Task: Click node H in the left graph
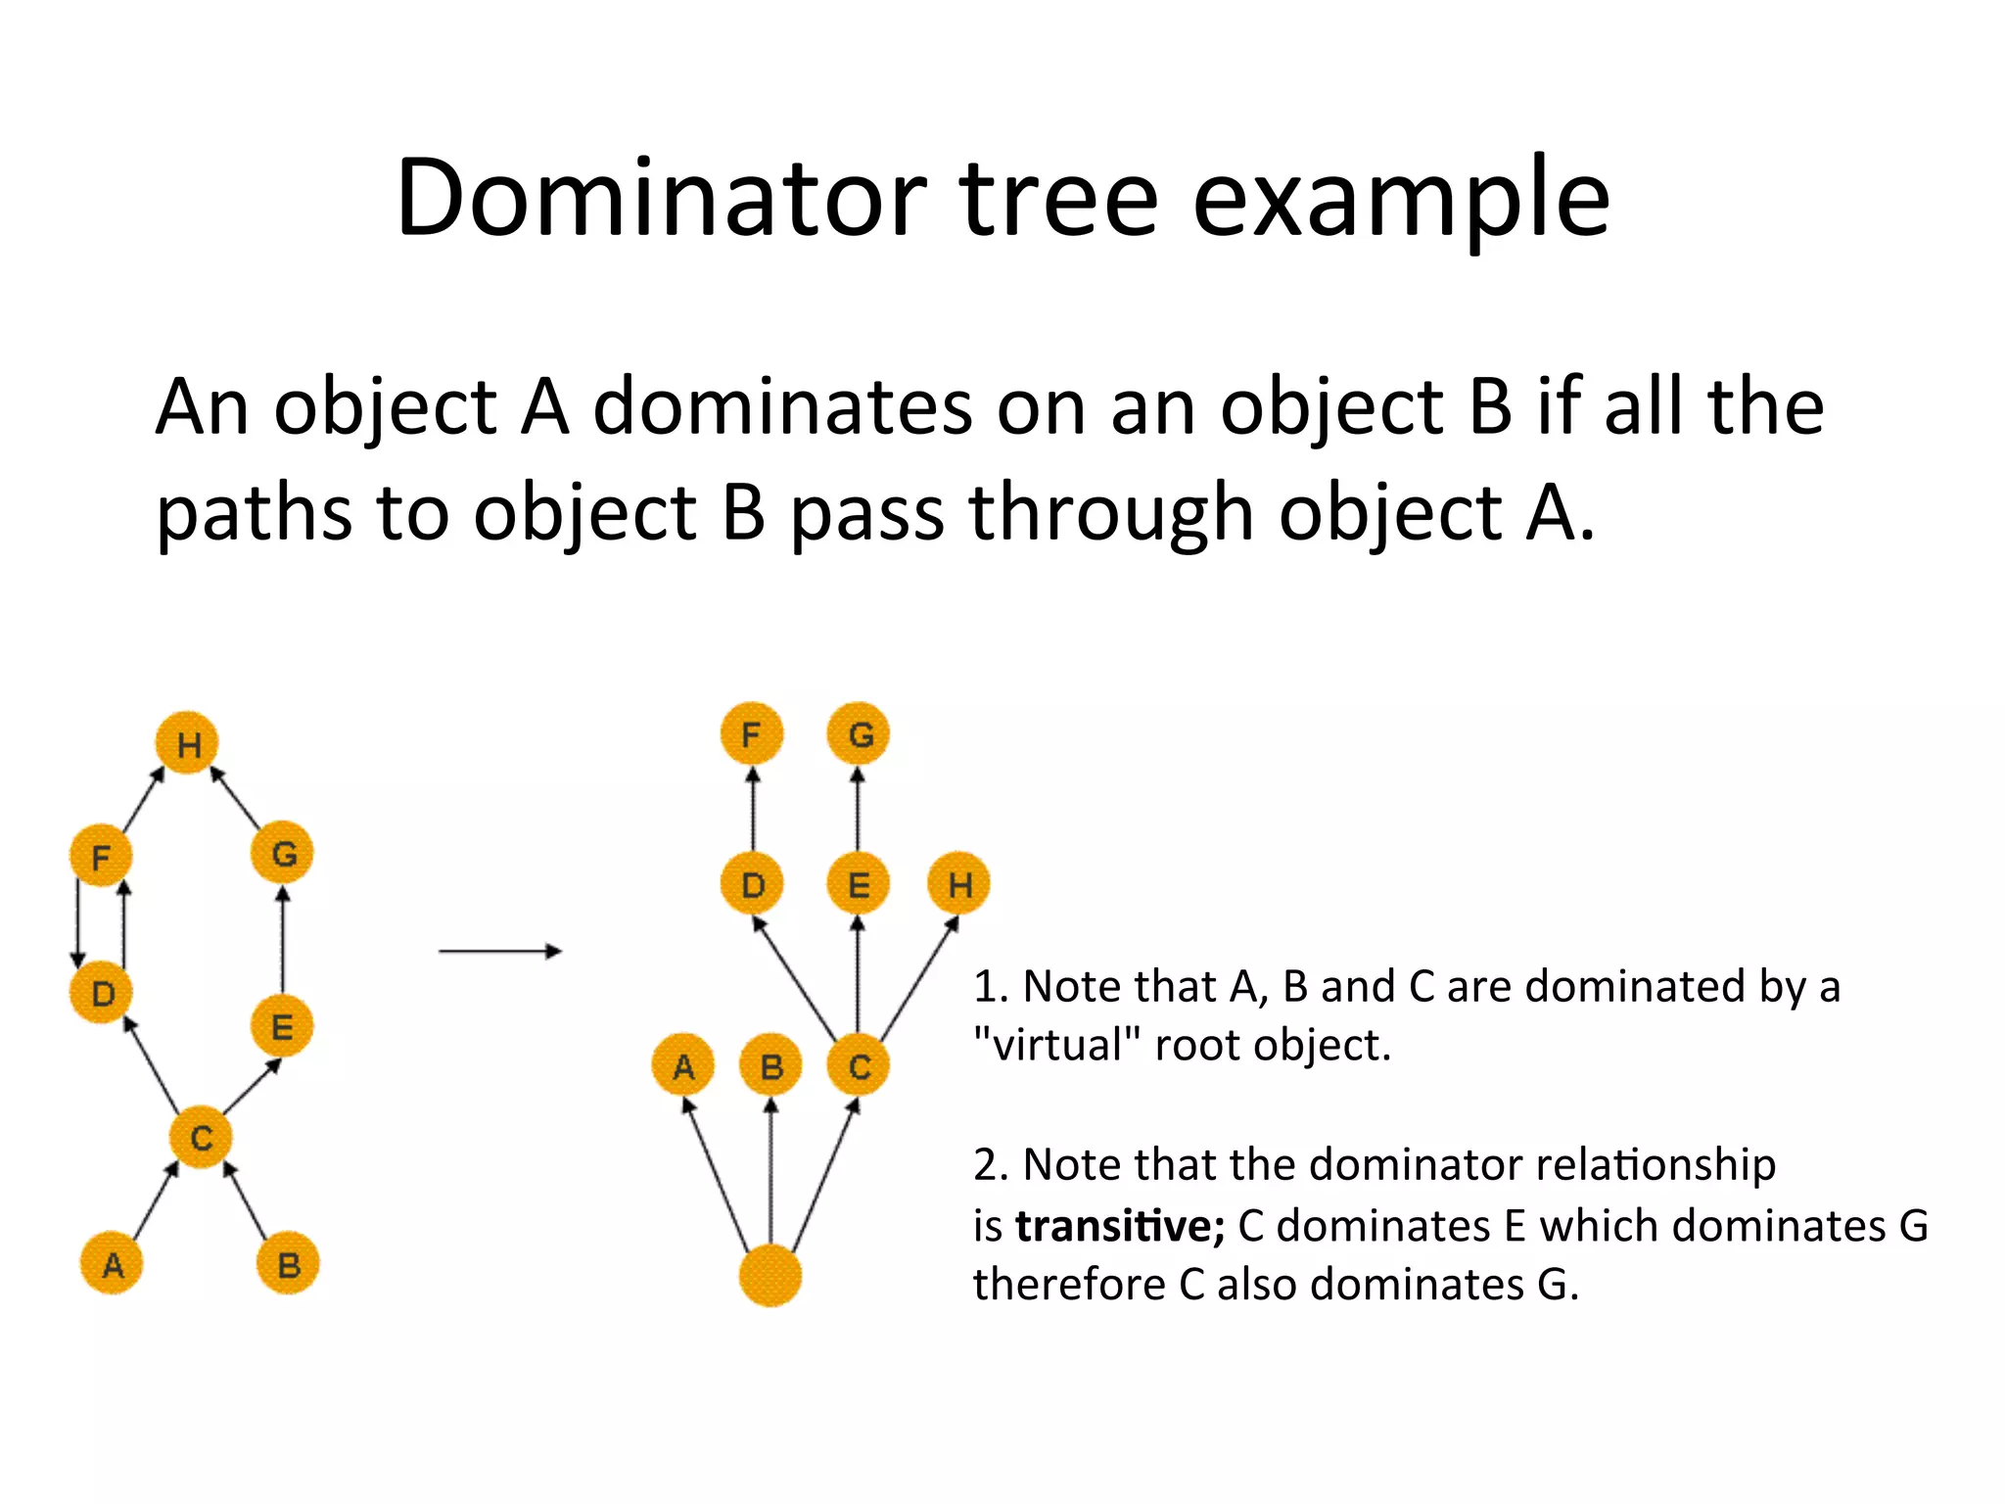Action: [x=187, y=743]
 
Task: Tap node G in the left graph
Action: [x=282, y=853]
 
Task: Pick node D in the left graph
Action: [x=101, y=992]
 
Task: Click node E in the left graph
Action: [x=282, y=1026]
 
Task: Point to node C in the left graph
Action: [x=201, y=1137]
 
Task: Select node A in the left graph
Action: [x=112, y=1264]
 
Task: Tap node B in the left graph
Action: [x=288, y=1264]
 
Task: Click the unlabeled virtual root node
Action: [x=770, y=1275]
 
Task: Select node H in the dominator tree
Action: [x=958, y=884]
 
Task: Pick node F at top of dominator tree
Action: [x=752, y=733]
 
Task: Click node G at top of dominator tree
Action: [x=859, y=733]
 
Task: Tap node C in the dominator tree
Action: [x=859, y=1065]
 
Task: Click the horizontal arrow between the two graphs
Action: [x=499, y=951]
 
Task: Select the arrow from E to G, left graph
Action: [x=283, y=940]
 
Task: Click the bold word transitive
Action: [x=1119, y=1226]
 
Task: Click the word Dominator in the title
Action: [x=661, y=199]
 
